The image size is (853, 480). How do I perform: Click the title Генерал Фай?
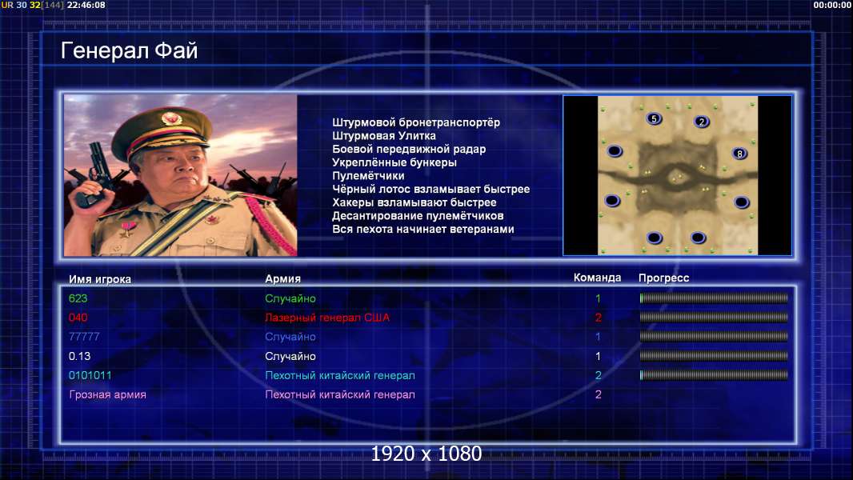[x=129, y=50]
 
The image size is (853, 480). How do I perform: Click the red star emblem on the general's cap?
[x=171, y=118]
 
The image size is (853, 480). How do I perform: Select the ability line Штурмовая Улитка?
[x=384, y=136]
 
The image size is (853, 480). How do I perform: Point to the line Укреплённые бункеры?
[x=394, y=162]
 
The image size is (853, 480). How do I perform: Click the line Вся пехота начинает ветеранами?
[x=423, y=229]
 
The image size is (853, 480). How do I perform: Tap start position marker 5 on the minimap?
[x=654, y=118]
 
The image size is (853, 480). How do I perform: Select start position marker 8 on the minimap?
[x=739, y=154]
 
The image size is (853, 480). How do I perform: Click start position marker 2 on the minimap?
[x=702, y=122]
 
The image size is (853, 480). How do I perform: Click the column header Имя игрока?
[x=99, y=279]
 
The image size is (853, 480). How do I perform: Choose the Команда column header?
[x=597, y=278]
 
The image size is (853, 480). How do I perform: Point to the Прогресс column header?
[x=663, y=278]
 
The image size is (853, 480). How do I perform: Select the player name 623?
[x=78, y=298]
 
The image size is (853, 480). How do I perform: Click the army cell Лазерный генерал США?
[x=327, y=318]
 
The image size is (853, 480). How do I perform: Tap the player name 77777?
[x=84, y=337]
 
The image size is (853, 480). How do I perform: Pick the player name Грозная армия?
[x=108, y=394]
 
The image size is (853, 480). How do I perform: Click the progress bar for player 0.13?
[x=714, y=356]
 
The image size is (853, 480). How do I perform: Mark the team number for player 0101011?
[x=598, y=375]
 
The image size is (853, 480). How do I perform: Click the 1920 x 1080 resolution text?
[x=426, y=454]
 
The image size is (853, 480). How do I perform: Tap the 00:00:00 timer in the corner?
[x=832, y=5]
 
